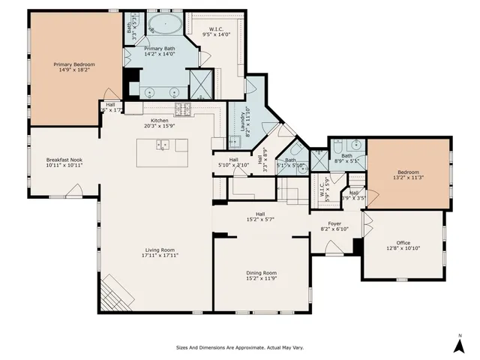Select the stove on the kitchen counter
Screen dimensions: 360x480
click(183, 110)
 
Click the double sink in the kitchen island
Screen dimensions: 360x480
click(163, 145)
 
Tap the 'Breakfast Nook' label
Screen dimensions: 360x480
click(64, 160)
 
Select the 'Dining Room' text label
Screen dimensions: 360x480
click(262, 272)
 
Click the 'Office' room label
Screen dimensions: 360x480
click(403, 242)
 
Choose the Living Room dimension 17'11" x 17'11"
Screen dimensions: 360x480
click(159, 255)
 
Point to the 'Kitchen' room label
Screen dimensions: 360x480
click(159, 121)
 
